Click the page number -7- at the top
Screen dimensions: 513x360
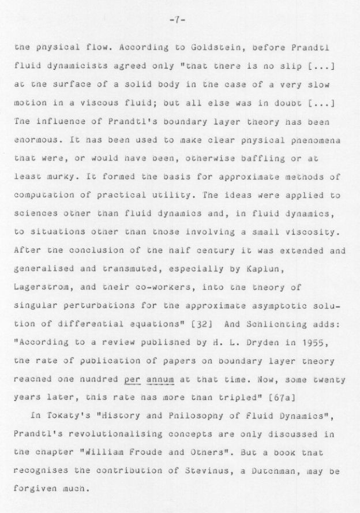177,20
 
